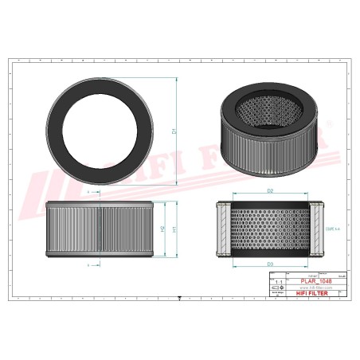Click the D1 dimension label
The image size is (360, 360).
click(173, 131)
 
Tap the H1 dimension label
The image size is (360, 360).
click(174, 229)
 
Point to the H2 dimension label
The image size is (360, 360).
click(163, 229)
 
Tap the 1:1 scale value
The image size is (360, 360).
click(276, 282)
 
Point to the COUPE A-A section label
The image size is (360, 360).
click(332, 228)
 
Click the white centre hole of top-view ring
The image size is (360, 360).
click(100, 130)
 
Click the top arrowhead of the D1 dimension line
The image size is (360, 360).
click(176, 78)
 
